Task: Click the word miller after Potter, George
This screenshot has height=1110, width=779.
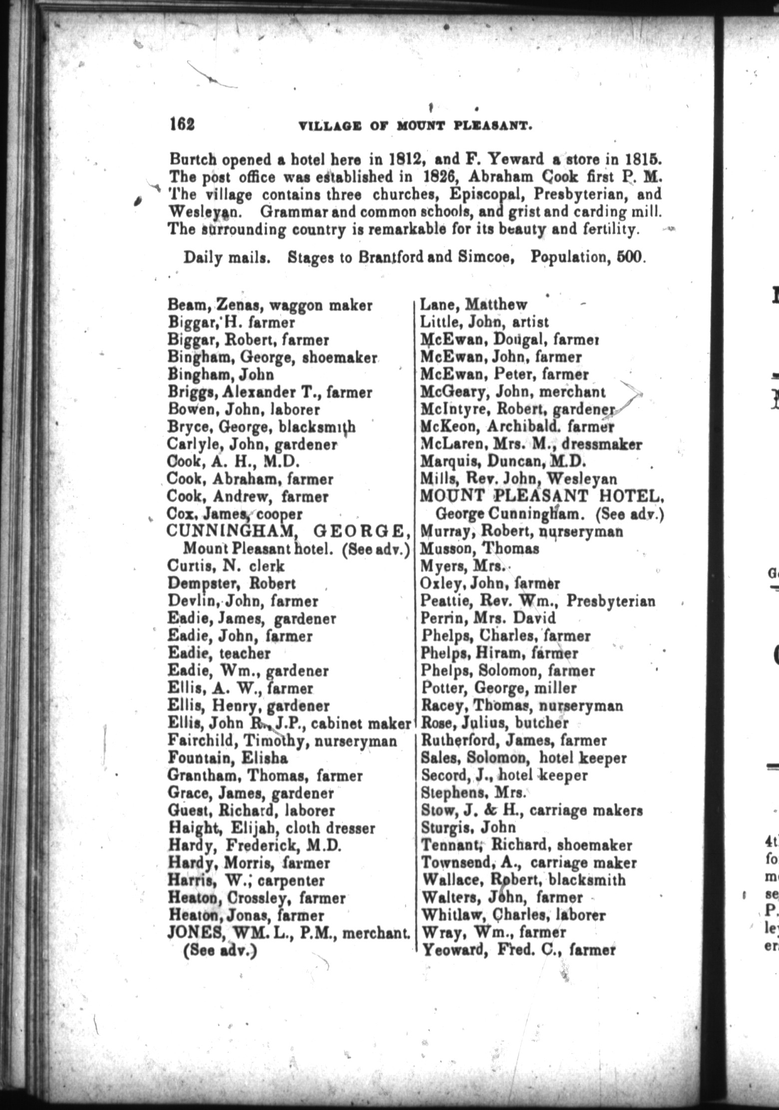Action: [x=555, y=689]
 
